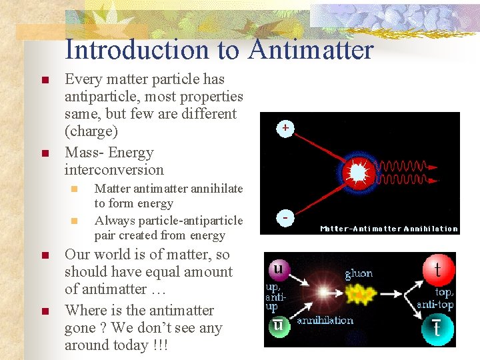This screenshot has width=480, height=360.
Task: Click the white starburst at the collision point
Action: [358, 173]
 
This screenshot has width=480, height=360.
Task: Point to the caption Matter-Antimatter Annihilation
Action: [389, 229]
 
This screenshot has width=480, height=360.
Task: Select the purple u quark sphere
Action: [278, 270]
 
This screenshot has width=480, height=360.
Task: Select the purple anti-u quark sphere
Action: [278, 327]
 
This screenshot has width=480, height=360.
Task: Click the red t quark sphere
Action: [438, 269]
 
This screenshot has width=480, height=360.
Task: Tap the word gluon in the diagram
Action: [359, 273]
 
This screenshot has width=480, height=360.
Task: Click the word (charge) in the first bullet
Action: [91, 131]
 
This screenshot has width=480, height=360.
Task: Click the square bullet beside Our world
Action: [44, 256]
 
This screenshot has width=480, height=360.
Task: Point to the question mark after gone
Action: [104, 328]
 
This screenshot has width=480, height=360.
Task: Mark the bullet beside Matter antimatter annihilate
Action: [75, 189]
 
